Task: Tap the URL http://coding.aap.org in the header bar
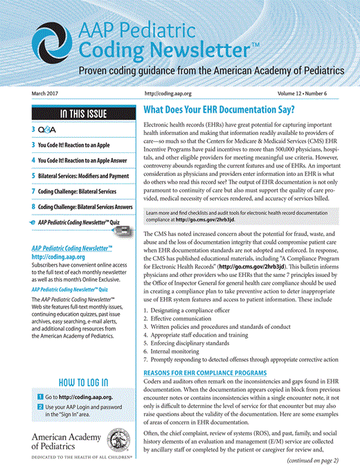[168, 93]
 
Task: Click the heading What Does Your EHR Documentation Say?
[218, 110]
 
